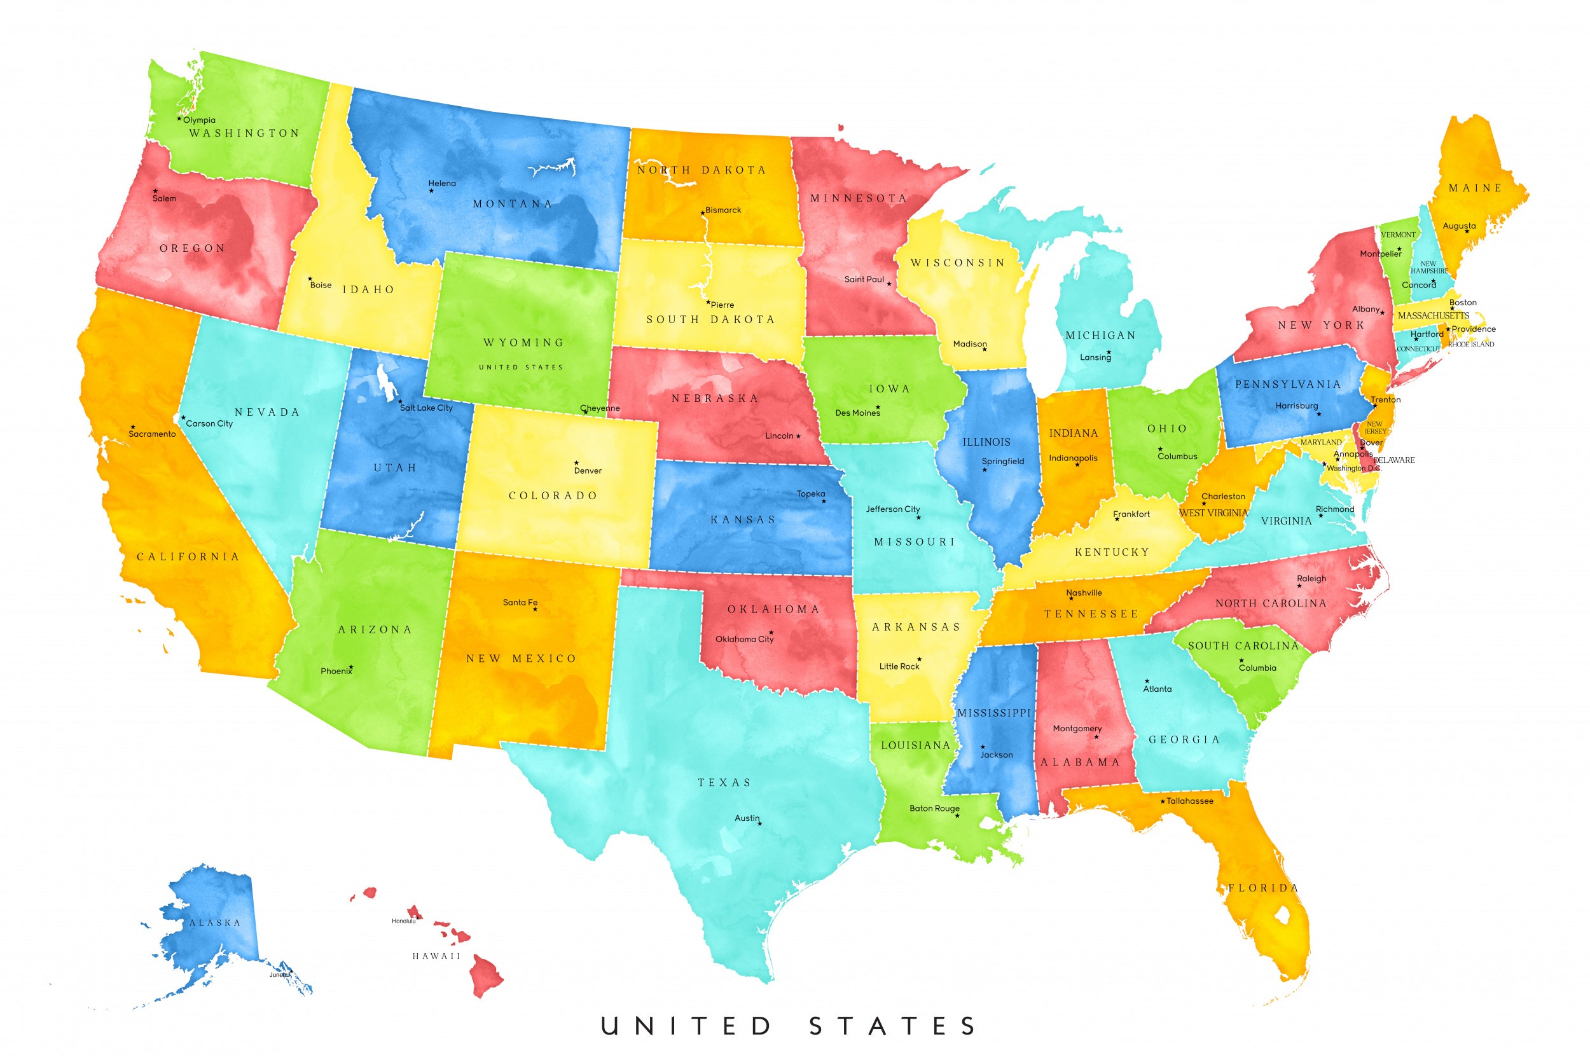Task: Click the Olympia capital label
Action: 200,120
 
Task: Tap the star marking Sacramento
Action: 132,427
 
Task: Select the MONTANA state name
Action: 513,203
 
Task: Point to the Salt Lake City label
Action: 426,408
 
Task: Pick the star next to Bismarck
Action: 702,213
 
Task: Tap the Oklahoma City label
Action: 744,639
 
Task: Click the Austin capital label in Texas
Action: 747,818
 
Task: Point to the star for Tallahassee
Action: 1163,802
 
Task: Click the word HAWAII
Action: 436,956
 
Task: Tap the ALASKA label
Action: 215,923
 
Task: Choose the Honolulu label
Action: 404,921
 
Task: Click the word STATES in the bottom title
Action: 892,1026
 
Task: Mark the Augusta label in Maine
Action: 1459,226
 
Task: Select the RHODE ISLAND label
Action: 1471,344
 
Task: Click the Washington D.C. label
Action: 1353,468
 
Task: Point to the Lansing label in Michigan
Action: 1095,357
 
